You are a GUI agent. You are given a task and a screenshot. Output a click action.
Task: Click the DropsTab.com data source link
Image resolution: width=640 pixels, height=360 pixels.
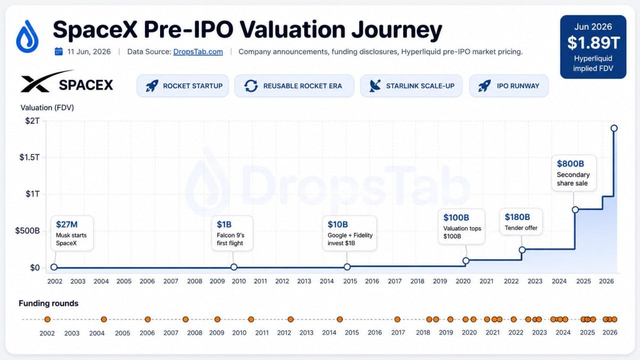[x=198, y=51]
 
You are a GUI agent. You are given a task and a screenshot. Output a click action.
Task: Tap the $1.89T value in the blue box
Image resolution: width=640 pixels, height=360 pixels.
[x=593, y=43]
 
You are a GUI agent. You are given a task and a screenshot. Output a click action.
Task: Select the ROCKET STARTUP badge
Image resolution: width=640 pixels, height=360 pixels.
[x=182, y=85]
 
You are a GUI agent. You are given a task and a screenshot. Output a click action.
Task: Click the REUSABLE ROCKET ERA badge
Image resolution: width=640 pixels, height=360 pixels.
[x=294, y=85]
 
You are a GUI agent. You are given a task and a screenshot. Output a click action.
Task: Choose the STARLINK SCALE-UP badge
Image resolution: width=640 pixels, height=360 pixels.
[x=411, y=85]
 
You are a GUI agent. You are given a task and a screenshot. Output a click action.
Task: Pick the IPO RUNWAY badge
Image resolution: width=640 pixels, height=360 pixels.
[x=509, y=85]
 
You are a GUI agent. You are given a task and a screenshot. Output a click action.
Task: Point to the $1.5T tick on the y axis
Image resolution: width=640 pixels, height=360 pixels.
[x=29, y=157]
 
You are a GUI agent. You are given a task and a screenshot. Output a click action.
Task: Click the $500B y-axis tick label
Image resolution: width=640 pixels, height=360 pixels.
[x=27, y=231]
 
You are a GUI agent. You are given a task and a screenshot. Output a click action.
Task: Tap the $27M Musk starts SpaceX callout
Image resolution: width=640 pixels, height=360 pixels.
[x=72, y=233]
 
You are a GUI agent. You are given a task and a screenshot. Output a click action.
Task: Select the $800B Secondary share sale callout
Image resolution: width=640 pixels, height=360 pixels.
[x=573, y=173]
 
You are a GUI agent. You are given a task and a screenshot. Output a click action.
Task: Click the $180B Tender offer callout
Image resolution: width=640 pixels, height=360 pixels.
[x=521, y=221]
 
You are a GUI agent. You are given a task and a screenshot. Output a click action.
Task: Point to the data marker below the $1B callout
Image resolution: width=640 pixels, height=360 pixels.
[x=233, y=267]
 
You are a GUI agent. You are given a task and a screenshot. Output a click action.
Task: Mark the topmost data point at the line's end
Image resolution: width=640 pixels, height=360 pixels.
[x=614, y=128]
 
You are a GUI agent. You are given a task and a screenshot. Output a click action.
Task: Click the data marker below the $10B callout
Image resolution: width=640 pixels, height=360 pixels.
[x=347, y=267]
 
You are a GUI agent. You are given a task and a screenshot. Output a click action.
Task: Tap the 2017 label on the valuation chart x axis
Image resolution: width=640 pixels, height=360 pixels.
[x=394, y=281]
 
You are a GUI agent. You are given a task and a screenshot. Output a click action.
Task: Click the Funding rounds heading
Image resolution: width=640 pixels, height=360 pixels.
[x=48, y=303]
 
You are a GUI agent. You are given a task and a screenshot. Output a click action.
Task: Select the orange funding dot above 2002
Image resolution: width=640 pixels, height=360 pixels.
[x=47, y=319]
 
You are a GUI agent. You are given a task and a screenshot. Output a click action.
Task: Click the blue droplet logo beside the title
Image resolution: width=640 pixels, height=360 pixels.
[x=27, y=36]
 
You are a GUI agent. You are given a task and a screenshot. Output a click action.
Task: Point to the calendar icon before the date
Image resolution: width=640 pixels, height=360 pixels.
[x=58, y=51]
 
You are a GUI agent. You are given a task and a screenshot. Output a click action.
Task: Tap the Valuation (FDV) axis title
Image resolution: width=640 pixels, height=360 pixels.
[x=47, y=107]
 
